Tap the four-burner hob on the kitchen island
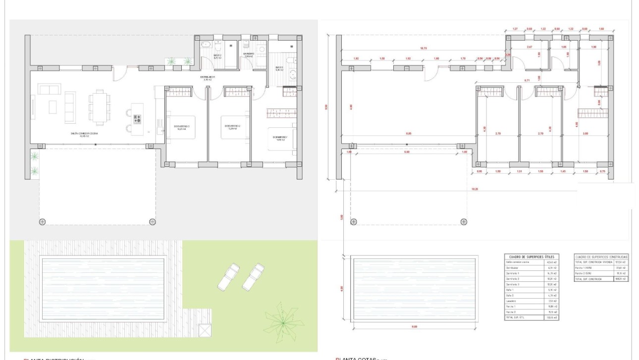click(137, 119)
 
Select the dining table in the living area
click(98, 106)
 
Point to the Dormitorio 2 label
click(232, 126)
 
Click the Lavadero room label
click(248, 54)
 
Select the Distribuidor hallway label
click(207, 78)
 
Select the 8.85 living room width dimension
click(409, 134)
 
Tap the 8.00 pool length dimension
click(414, 327)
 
